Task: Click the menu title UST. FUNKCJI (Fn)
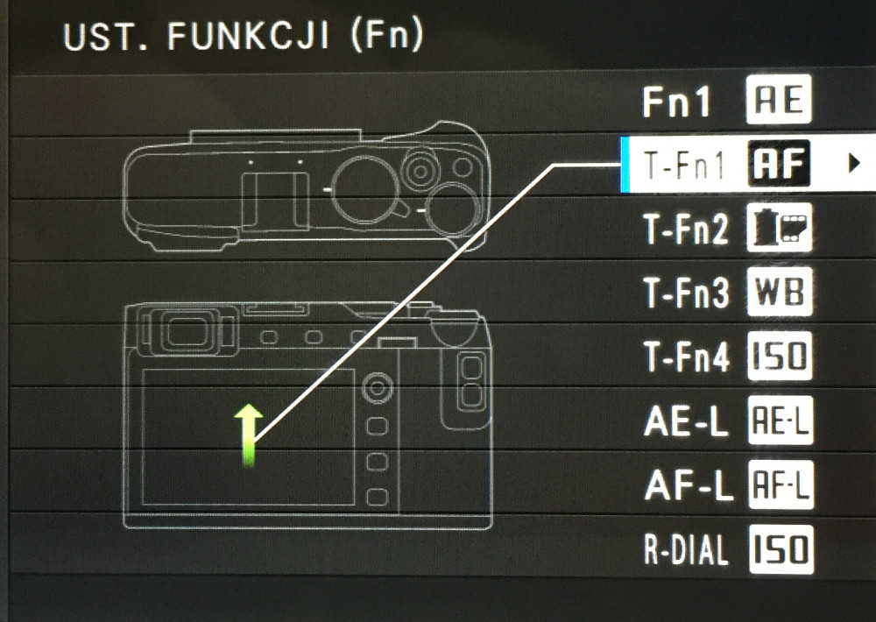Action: coord(244,36)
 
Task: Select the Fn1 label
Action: coord(676,102)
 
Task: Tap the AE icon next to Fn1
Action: coord(778,100)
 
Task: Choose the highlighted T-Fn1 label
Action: coord(684,166)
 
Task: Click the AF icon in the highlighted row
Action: coord(779,164)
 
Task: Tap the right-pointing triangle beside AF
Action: coord(853,164)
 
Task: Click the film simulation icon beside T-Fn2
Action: coord(780,228)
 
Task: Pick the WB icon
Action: coord(780,292)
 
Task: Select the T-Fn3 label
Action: coord(686,293)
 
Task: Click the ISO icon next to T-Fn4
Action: coord(780,356)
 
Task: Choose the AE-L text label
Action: coord(686,421)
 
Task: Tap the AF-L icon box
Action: coord(781,484)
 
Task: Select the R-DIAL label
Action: coord(686,549)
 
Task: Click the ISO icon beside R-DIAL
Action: coord(781,549)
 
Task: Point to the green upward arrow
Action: coord(249,435)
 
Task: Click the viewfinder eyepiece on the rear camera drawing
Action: coord(187,333)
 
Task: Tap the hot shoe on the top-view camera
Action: coord(275,201)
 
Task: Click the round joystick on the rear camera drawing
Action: coord(377,387)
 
